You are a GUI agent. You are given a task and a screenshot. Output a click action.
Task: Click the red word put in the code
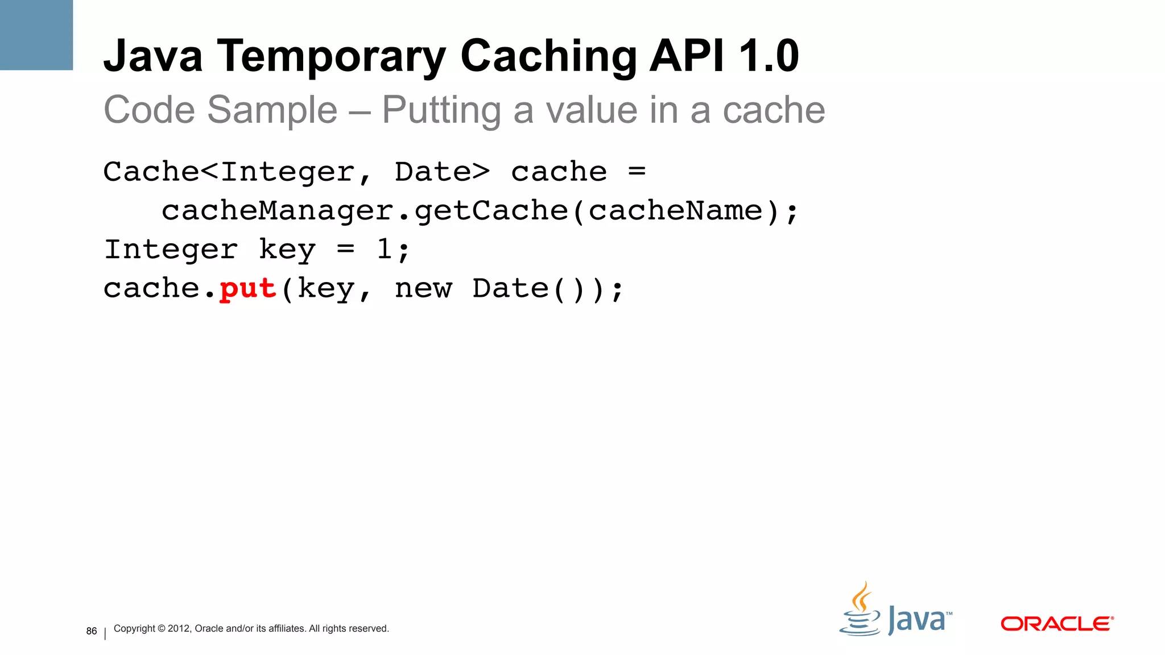point(248,289)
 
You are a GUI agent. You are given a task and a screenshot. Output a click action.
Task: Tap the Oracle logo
point(1056,624)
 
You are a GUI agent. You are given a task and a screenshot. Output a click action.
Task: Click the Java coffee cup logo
point(861,611)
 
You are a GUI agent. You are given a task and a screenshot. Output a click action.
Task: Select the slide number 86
point(92,631)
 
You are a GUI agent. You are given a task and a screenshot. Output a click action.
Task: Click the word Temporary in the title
point(331,56)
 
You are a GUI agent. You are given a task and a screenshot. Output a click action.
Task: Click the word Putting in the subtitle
point(441,110)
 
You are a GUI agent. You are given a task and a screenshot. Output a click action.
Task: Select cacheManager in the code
point(278,211)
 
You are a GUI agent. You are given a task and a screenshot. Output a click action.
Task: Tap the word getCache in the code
point(491,211)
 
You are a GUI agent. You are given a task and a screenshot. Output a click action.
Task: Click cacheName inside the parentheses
point(675,211)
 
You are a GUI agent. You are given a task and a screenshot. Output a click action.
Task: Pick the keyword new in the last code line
point(423,289)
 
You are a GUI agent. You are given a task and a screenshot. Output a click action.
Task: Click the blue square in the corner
point(36,35)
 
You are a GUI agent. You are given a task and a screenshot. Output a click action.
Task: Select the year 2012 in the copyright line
point(179,628)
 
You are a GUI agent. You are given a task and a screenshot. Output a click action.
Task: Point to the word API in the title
point(687,56)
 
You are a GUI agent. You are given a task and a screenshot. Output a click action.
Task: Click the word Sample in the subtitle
point(272,110)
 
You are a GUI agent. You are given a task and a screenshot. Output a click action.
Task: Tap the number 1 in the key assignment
point(385,250)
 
